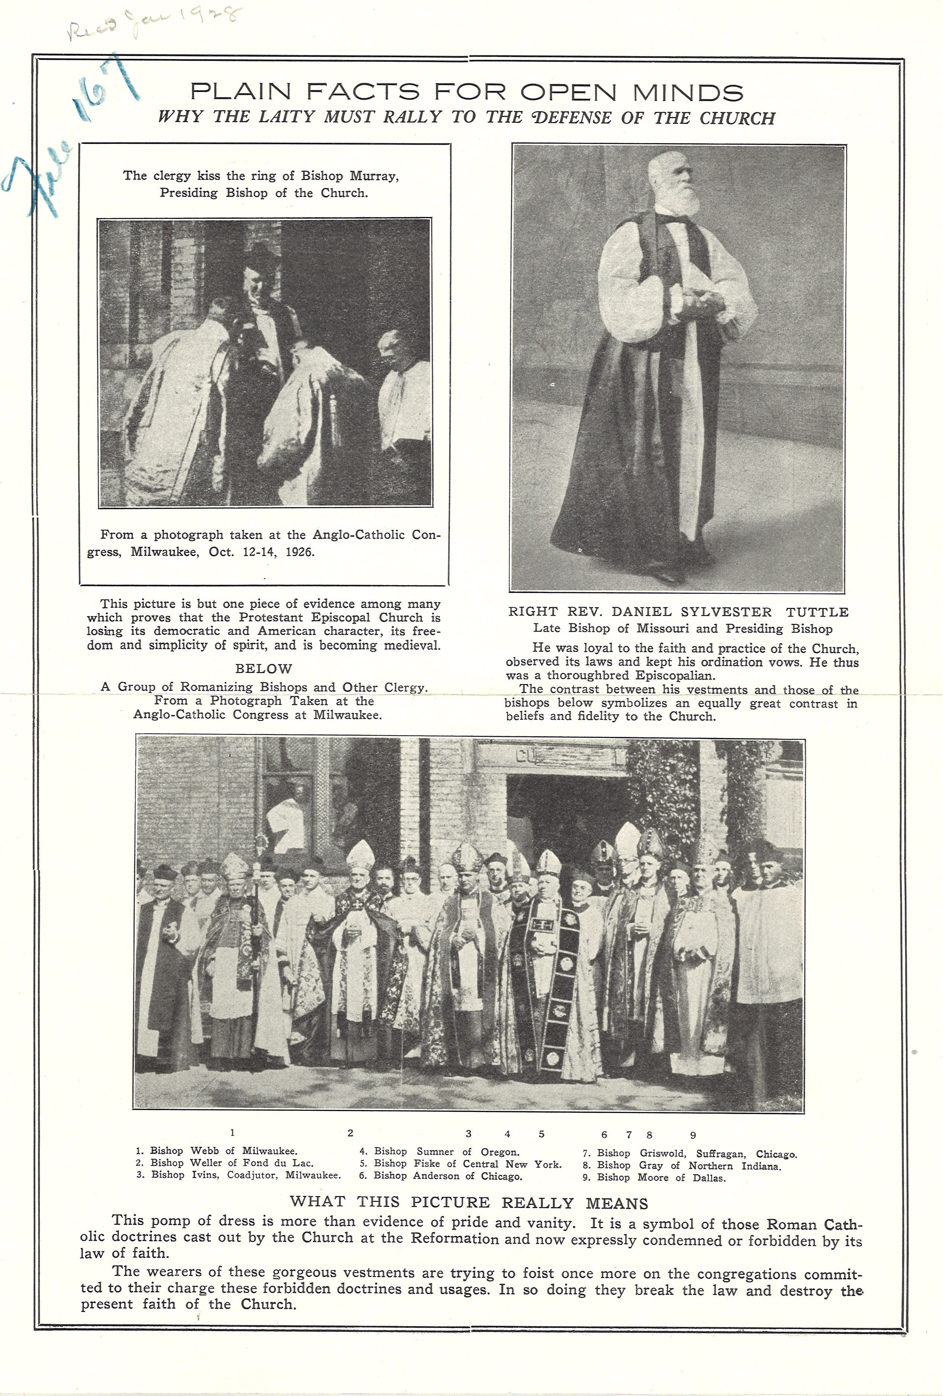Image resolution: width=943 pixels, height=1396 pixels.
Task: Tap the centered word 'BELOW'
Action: [263, 668]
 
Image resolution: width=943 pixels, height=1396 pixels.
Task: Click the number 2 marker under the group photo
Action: [350, 1133]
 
